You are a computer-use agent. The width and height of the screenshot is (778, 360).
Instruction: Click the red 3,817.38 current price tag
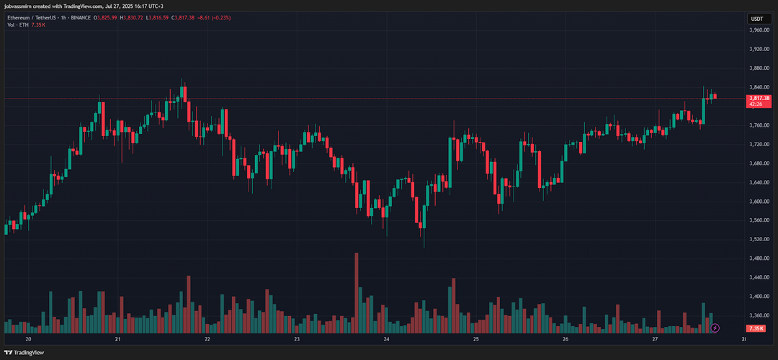click(759, 98)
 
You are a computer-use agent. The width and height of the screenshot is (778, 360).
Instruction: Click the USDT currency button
click(757, 19)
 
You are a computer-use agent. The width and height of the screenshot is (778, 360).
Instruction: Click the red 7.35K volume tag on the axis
click(756, 328)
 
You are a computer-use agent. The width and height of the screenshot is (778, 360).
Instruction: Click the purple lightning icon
click(715, 328)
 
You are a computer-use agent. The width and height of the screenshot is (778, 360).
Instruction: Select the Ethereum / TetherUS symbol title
click(37, 18)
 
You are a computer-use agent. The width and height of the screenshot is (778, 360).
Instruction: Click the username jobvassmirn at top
click(22, 6)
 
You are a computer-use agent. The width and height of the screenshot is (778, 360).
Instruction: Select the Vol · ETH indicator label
click(18, 25)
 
